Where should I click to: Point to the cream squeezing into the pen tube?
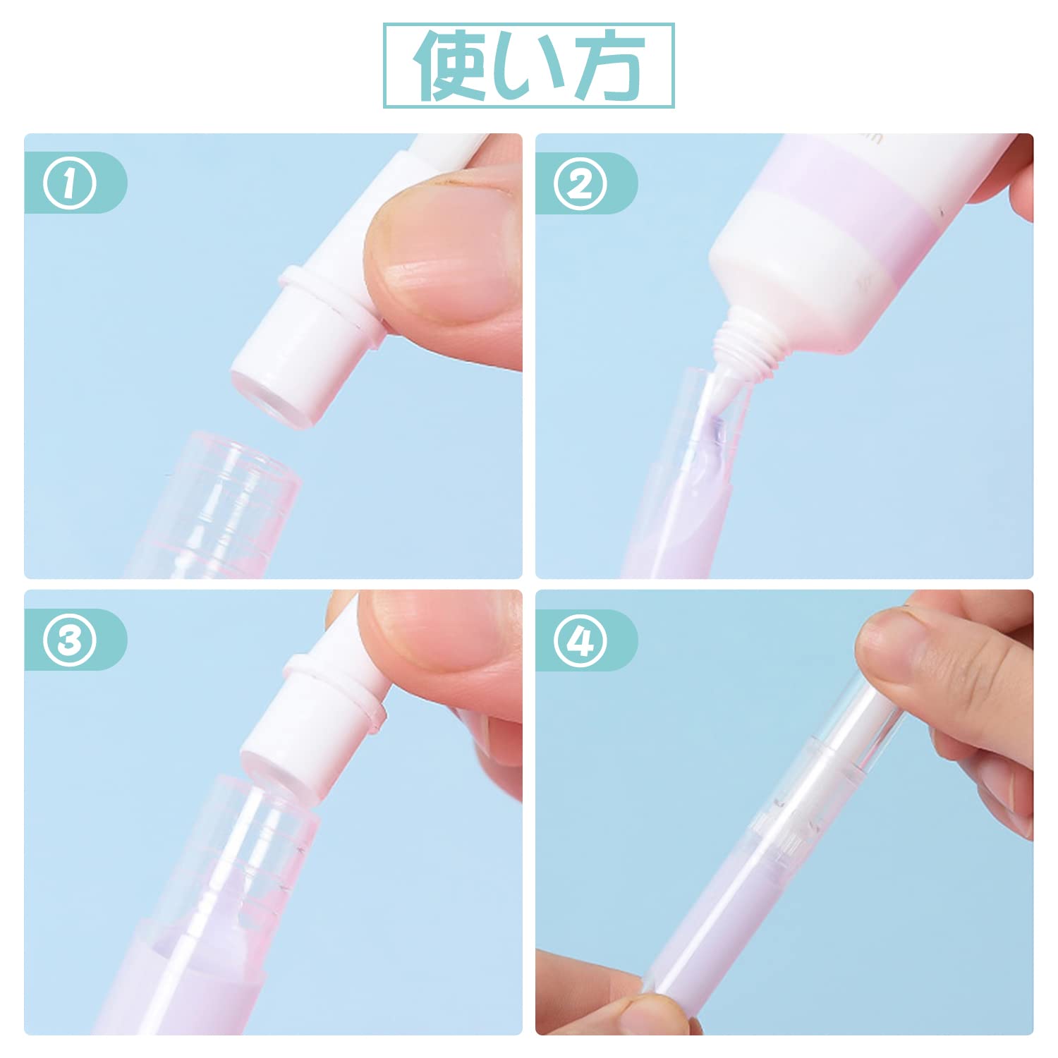point(712,430)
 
